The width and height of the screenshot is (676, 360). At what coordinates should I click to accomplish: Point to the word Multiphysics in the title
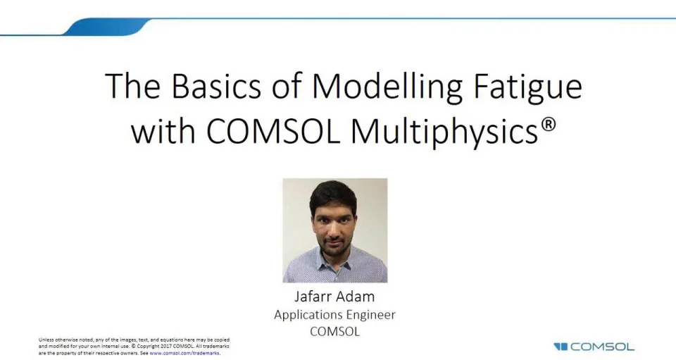456,132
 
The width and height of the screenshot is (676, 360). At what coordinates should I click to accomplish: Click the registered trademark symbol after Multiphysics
549,125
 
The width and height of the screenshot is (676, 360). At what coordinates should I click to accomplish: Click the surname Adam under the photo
357,296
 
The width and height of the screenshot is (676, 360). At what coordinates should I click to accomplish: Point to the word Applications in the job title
309,315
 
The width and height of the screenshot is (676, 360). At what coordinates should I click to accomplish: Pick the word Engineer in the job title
372,315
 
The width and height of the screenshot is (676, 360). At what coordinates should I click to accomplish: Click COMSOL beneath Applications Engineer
334,331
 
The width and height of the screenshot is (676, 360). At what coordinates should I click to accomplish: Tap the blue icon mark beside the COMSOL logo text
561,347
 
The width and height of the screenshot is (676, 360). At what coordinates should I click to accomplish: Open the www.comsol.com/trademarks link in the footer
184,353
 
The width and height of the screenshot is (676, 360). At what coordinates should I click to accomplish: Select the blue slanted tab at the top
106,27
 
